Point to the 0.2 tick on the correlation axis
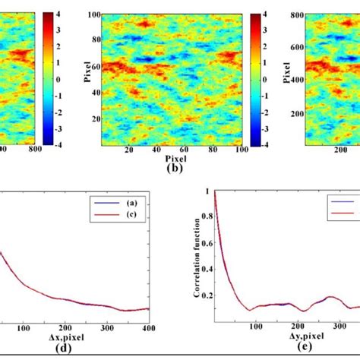point(206,295)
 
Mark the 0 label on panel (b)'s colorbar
point(263,78)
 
